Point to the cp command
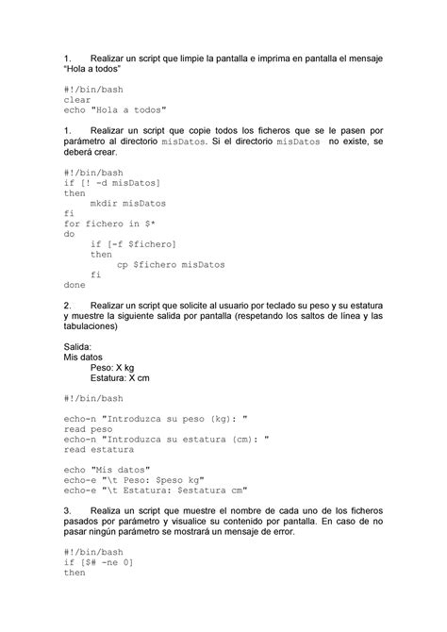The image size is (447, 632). point(123,265)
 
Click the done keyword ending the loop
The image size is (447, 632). point(74,284)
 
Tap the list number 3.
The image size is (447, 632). point(66,510)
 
